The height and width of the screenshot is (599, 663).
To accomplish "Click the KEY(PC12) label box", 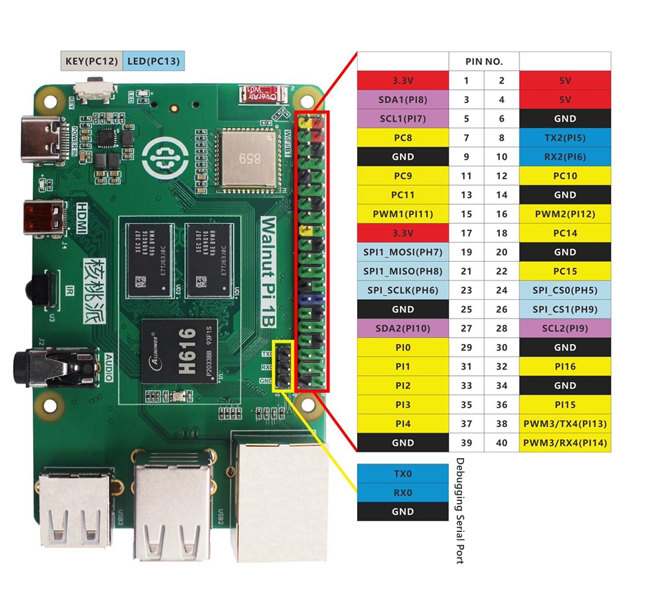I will [x=91, y=61].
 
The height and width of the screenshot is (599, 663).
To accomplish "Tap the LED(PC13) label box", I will [x=153, y=61].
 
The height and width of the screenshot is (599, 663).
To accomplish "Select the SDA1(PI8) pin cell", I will [x=403, y=99].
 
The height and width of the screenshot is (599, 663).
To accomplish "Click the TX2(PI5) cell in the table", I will [x=565, y=137].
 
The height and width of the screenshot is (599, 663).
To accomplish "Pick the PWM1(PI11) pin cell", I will [x=403, y=214].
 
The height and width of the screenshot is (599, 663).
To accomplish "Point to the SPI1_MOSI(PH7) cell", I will [x=403, y=252].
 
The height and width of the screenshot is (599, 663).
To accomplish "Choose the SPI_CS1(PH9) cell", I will [x=565, y=310].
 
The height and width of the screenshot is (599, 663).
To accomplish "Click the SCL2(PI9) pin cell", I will [x=565, y=328].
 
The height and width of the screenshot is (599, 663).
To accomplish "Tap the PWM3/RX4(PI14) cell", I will [x=565, y=443].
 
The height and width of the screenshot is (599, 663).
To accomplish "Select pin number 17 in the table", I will [x=466, y=233].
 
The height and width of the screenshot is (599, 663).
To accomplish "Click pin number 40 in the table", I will [x=501, y=443].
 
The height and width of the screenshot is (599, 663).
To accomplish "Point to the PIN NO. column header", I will [x=483, y=61].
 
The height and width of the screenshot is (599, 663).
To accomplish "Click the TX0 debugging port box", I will [x=403, y=473].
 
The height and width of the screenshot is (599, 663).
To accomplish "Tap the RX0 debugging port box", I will [x=403, y=493].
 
